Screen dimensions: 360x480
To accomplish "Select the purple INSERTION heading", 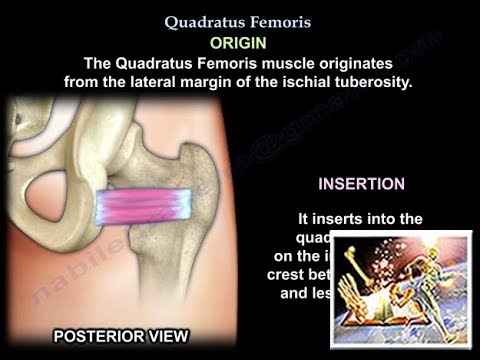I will click(x=361, y=184).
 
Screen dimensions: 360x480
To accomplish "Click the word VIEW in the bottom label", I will click(x=163, y=335).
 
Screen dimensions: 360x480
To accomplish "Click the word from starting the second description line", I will click(x=81, y=83).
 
